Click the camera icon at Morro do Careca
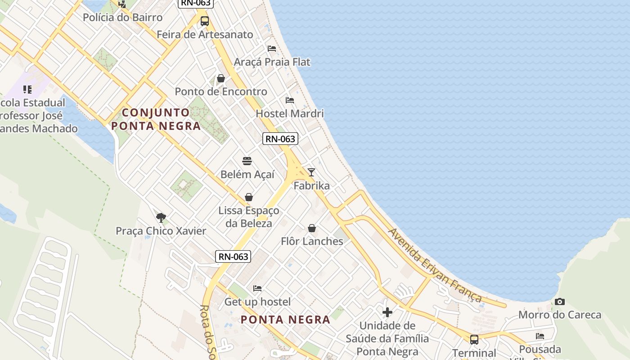coord(559,301)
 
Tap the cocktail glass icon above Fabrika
coord(311,172)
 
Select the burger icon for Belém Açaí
coord(247,161)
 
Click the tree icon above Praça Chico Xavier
coord(161,218)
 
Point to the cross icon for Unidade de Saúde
coord(387,312)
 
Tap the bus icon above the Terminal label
coord(474,339)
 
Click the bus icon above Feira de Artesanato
coord(205,21)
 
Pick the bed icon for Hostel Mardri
coord(289,100)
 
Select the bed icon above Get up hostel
coord(257,288)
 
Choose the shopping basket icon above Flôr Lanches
coord(311,228)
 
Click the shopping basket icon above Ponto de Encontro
coord(220,78)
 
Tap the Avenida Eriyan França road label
coord(434,265)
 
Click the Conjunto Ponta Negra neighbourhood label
coord(156,119)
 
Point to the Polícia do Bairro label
coord(122,18)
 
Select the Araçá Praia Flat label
coord(272,62)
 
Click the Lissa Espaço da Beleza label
coord(248,217)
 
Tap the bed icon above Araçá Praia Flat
coord(271,48)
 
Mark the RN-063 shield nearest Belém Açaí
coord(280,139)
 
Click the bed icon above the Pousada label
coord(540,336)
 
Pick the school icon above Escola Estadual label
coord(27,89)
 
